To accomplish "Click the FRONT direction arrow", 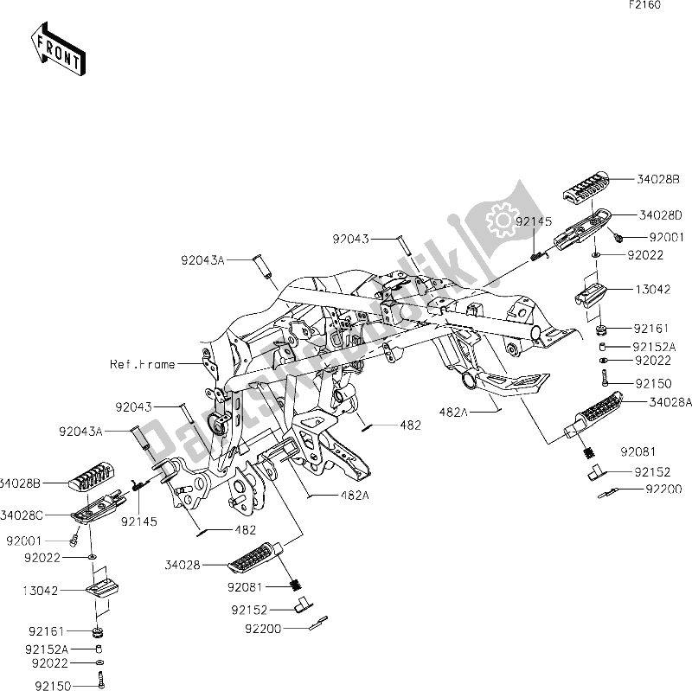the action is pyautogui.click(x=58, y=49).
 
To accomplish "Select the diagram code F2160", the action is pyautogui.click(x=644, y=5).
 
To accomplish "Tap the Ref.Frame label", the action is pyautogui.click(x=143, y=364).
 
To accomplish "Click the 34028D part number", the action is pyautogui.click(x=661, y=215).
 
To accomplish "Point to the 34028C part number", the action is pyautogui.click(x=21, y=515).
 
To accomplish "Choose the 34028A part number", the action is pyautogui.click(x=670, y=402).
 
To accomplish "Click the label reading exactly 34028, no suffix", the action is pyautogui.click(x=183, y=565).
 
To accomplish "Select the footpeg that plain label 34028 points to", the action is pyautogui.click(x=254, y=558).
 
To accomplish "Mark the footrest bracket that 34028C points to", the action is pyautogui.click(x=99, y=508).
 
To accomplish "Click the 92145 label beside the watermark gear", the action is pyautogui.click(x=534, y=221).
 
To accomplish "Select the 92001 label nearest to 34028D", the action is pyautogui.click(x=666, y=237).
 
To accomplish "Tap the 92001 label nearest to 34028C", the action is pyautogui.click(x=24, y=541).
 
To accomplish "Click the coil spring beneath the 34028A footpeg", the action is pyautogui.click(x=588, y=452).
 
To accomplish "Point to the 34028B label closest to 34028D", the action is pyautogui.click(x=658, y=179).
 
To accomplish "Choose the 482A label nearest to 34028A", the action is pyautogui.click(x=453, y=413).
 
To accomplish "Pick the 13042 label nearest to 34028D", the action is pyautogui.click(x=653, y=290).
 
